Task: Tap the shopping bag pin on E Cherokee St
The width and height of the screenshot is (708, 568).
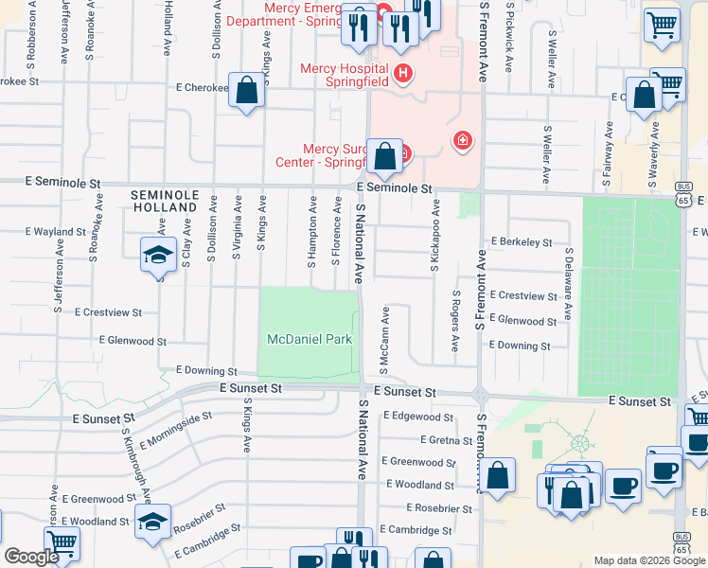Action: [247, 92]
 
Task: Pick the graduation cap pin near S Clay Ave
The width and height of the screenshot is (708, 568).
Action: [158, 255]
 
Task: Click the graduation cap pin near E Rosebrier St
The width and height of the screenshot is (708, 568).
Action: [153, 521]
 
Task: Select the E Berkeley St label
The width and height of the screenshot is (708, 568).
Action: [522, 242]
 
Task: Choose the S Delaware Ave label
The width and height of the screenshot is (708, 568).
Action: [569, 284]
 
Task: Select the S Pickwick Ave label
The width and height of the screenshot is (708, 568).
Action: [509, 38]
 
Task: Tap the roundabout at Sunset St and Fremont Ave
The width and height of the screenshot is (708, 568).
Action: [482, 396]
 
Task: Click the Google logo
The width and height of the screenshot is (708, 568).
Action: [31, 558]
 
